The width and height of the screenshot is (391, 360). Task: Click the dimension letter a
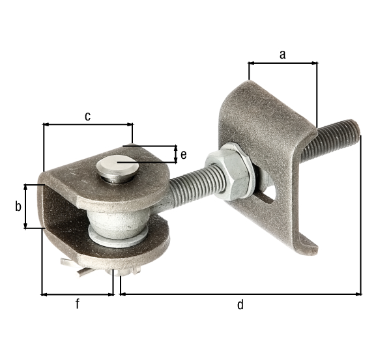(282, 55)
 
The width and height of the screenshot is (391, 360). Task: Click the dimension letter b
(18, 206)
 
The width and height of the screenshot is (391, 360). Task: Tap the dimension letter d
(240, 304)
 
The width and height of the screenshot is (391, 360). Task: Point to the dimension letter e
(184, 154)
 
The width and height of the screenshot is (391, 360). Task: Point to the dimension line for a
(283, 63)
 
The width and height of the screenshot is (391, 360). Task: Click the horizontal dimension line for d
(240, 294)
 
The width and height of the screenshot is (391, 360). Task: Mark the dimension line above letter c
(87, 123)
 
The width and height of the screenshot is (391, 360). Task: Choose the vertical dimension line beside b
(26, 206)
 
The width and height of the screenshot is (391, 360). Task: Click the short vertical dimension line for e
(175, 154)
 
